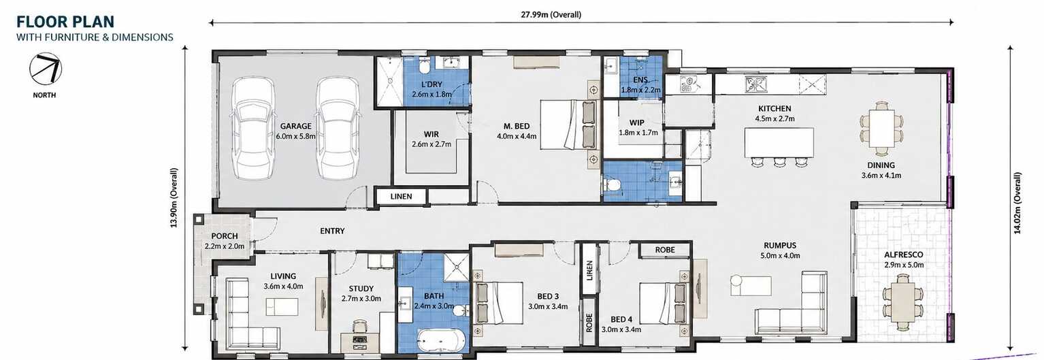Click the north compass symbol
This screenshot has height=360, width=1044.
[x=45, y=69]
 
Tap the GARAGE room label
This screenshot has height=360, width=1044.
[x=295, y=126]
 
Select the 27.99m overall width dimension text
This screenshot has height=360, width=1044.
[x=551, y=14]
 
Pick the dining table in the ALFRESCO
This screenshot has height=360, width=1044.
[x=902, y=302]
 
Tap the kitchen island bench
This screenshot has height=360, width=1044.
[x=779, y=143]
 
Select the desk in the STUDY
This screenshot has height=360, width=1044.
[x=359, y=343]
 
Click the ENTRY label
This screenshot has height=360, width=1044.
[x=332, y=231]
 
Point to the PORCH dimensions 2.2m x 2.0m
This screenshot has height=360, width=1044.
[x=224, y=246]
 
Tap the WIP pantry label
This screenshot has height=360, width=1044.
[x=636, y=122]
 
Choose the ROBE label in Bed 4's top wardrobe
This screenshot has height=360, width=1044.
[x=665, y=250]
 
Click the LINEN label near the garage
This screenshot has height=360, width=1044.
[x=401, y=196]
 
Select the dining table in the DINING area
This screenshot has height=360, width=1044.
[x=881, y=128]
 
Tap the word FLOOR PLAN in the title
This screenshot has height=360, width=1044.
[x=65, y=22]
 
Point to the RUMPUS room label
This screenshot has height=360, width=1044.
[x=780, y=245]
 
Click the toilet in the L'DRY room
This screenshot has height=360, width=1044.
[x=425, y=67]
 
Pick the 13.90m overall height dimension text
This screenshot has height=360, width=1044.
[x=174, y=198]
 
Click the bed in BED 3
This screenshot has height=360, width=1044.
[x=498, y=303]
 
